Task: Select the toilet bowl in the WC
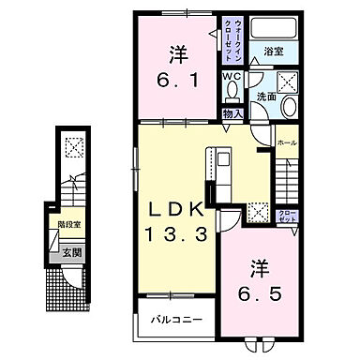pyautogui.click(x=232, y=92)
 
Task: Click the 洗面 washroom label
pyautogui.click(x=267, y=97)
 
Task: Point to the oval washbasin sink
pyautogui.click(x=289, y=106)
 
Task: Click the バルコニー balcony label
pyautogui.click(x=179, y=321)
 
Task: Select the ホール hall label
pyautogui.click(x=287, y=142)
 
